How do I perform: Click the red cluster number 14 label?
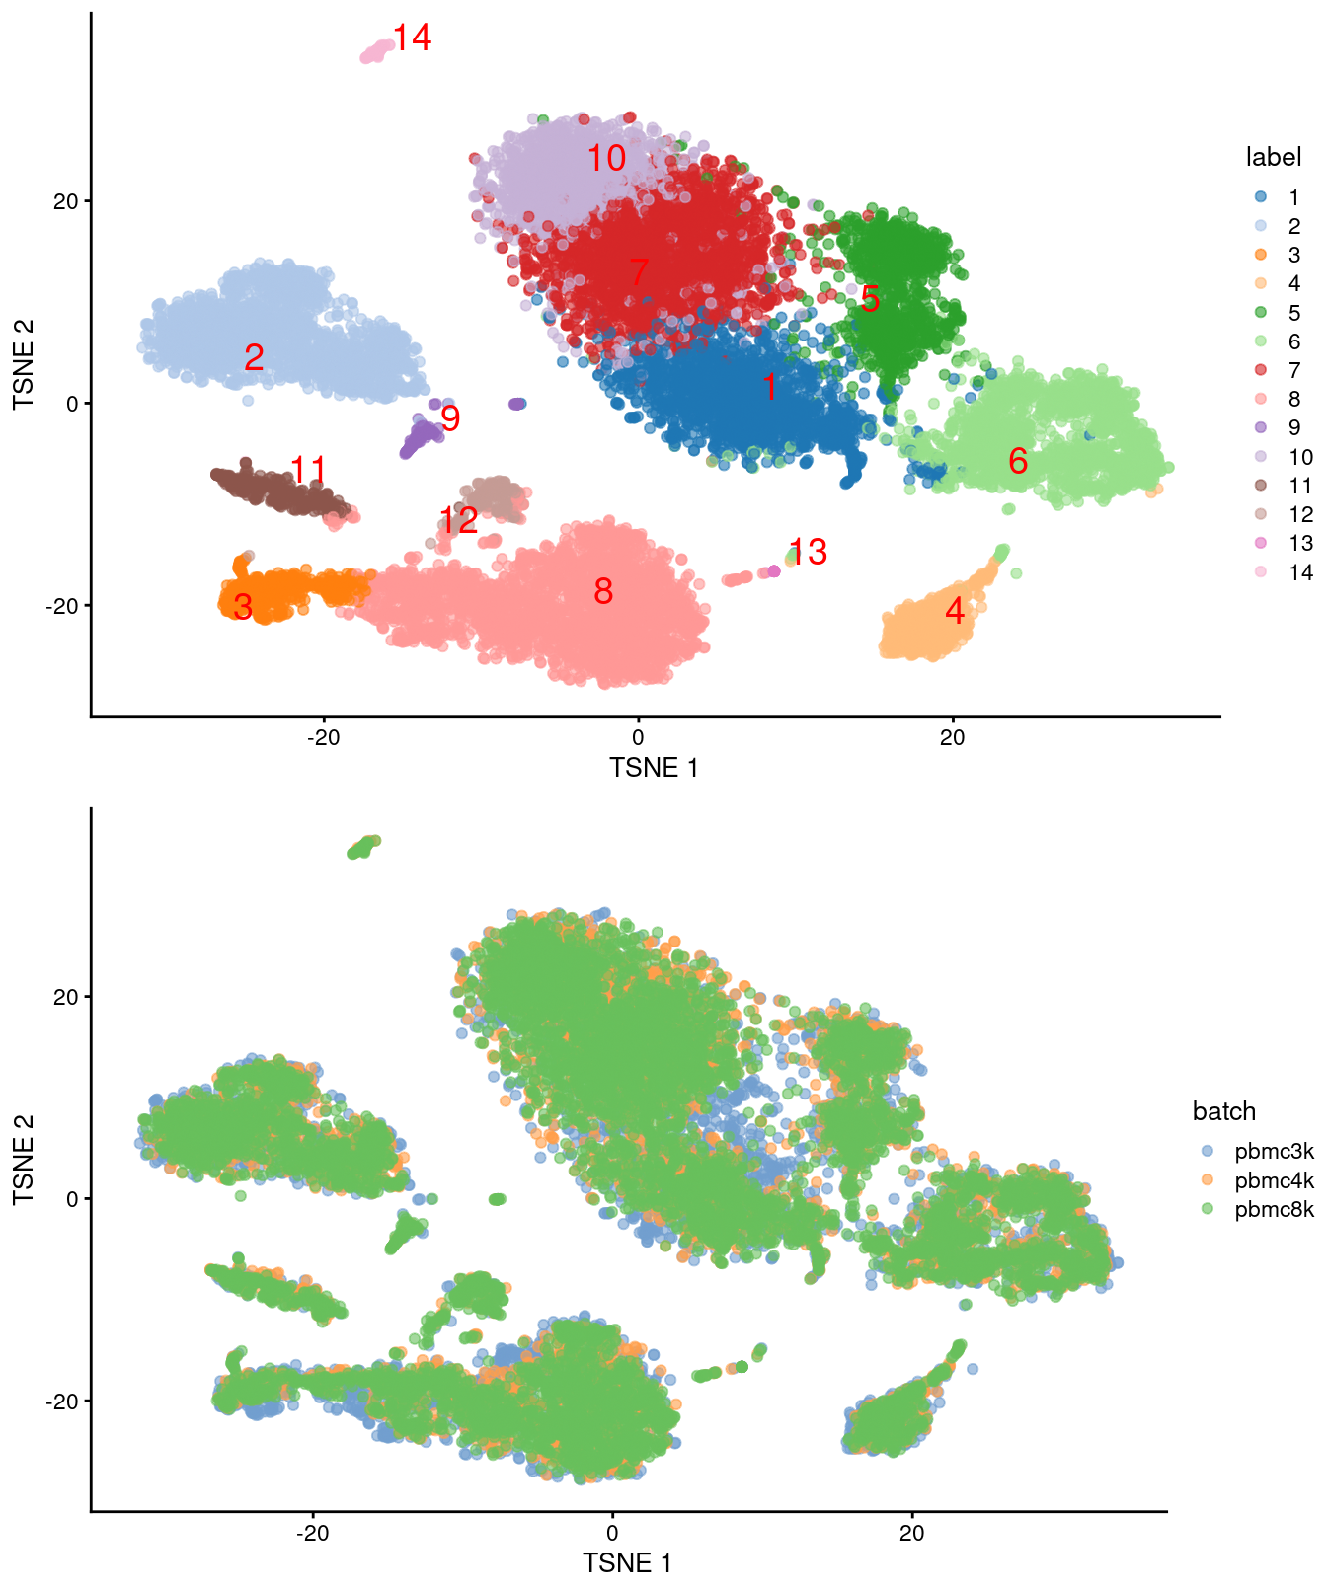click(412, 38)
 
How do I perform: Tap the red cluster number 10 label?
click(606, 158)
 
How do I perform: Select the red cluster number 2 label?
click(254, 357)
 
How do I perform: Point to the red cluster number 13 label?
click(808, 552)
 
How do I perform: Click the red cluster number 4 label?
click(954, 611)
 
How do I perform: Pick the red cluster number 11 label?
click(308, 470)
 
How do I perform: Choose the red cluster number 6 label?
click(1018, 461)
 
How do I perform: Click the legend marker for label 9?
click(1261, 428)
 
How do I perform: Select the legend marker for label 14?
click(1261, 572)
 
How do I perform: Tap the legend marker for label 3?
click(1261, 256)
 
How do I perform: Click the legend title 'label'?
click(1273, 157)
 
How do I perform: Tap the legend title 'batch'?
click(1223, 1111)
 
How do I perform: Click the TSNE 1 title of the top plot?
click(654, 768)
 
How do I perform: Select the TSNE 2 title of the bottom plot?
click(24, 1159)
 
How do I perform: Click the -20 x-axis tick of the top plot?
click(323, 738)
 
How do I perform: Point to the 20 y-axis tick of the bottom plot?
click(65, 997)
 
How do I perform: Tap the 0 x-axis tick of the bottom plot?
click(612, 1533)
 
